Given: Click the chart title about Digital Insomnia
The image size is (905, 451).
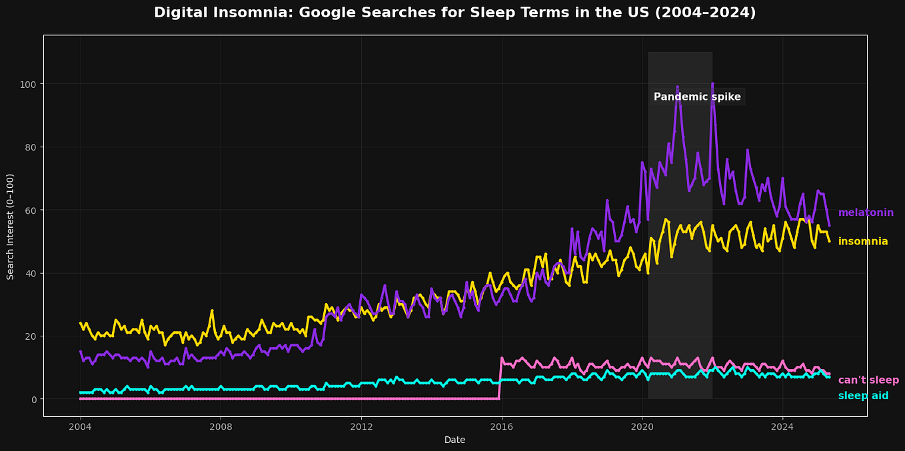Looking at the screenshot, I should tap(454, 13).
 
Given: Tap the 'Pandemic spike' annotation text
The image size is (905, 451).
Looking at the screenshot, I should tap(697, 97).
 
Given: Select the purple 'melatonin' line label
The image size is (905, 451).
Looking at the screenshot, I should tap(866, 213).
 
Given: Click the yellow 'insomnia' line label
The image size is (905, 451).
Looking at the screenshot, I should tap(863, 242).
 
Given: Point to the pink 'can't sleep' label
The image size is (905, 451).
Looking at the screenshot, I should tap(868, 380).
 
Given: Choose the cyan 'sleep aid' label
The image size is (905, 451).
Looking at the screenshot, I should tap(863, 396).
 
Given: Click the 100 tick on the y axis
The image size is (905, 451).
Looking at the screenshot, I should tap(29, 84).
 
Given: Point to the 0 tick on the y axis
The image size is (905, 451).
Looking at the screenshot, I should tap(34, 400).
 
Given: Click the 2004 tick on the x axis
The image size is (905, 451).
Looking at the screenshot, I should tap(81, 426).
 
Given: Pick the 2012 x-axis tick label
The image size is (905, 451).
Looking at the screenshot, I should tap(361, 426).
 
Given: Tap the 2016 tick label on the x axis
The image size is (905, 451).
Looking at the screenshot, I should tap(502, 426).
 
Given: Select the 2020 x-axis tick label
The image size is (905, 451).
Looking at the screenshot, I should tap(642, 426).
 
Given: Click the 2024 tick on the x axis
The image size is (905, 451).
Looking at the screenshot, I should tap(782, 426).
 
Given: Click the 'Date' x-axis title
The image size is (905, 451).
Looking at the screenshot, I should tap(454, 440).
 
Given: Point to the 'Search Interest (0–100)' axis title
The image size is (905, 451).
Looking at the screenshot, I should tap(11, 226).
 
